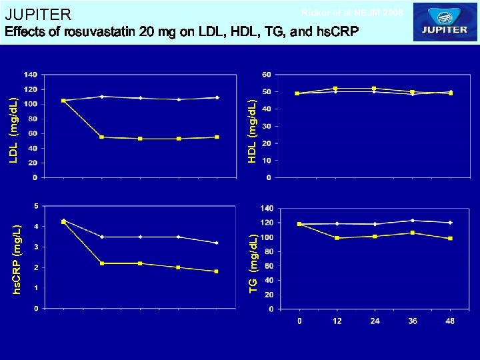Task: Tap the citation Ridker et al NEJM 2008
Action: coord(352,13)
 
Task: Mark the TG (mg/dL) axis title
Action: coord(253,261)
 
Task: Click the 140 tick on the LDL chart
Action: coord(31,74)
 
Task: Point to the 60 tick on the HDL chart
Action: coord(267,74)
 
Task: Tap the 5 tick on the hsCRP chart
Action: coord(35,205)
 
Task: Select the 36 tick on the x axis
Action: coord(413,321)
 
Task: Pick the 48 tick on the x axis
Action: coord(451,321)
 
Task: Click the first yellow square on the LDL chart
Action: coord(63,101)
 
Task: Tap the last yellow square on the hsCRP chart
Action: coord(217,271)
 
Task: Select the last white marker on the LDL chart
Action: coord(217,97)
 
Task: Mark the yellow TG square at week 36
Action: coord(413,233)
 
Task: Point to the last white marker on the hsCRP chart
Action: coord(217,243)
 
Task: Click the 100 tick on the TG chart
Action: coord(267,237)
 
